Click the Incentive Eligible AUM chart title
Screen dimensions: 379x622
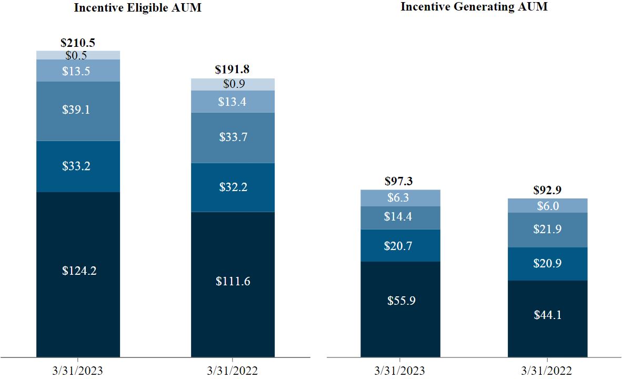[137, 8]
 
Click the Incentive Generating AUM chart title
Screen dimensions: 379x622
[474, 7]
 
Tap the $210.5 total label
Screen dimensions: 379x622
[78, 43]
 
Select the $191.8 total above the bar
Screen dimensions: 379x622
[233, 70]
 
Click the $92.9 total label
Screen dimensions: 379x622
[548, 190]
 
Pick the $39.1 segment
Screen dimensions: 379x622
[78, 111]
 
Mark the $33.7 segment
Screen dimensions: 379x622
[233, 137]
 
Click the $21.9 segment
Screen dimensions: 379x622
[548, 230]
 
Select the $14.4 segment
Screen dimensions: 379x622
[400, 217]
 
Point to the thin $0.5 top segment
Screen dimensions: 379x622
[78, 55]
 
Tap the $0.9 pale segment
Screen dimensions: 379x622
[233, 84]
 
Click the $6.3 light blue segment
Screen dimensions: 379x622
[400, 198]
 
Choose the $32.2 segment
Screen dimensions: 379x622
[233, 187]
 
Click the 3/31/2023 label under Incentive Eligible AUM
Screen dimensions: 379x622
[78, 371]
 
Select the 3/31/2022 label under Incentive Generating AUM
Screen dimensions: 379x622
[548, 371]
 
